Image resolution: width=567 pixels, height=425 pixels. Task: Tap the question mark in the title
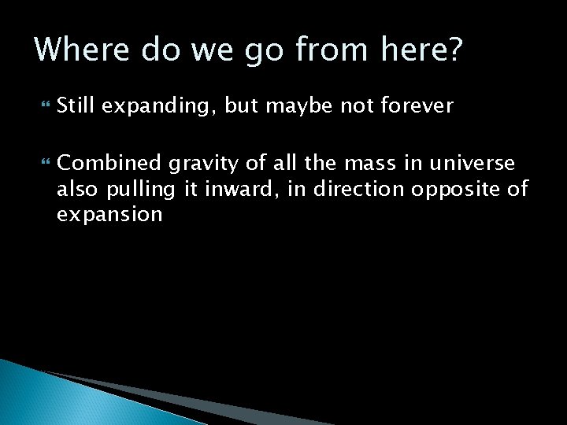pyautogui.click(x=455, y=50)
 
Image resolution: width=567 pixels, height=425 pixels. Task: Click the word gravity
pyautogui.click(x=196, y=164)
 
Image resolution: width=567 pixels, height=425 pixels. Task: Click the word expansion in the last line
pyautogui.click(x=109, y=214)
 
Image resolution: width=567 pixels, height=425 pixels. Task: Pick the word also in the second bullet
pyautogui.click(x=76, y=189)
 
